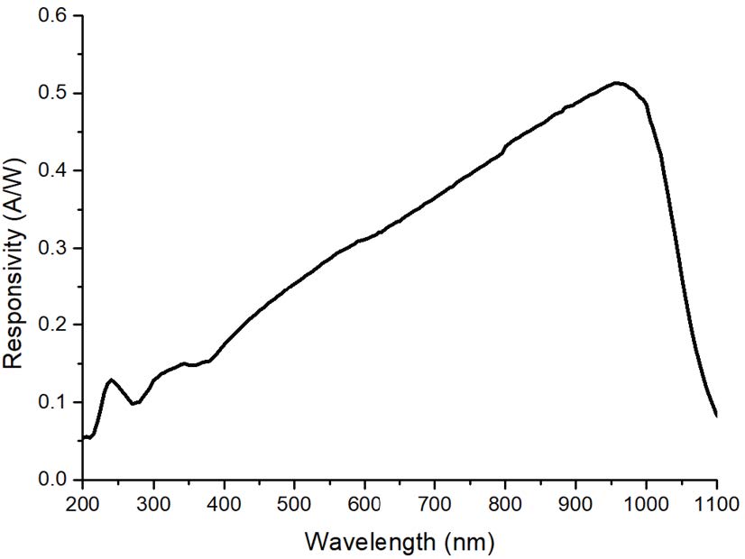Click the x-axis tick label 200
pyautogui.click(x=83, y=504)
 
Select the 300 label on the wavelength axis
pyautogui.click(x=153, y=504)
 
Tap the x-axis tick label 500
pyautogui.click(x=294, y=504)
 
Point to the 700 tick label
pyautogui.click(x=435, y=504)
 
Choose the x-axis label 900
pyautogui.click(x=575, y=504)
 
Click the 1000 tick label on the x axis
pyautogui.click(x=646, y=504)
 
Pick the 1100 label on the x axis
pyautogui.click(x=716, y=504)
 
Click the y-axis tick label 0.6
pyautogui.click(x=54, y=15)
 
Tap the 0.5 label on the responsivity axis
pyautogui.click(x=54, y=93)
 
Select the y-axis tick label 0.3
pyautogui.click(x=54, y=248)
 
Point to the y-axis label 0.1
pyautogui.click(x=54, y=402)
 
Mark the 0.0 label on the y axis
pyautogui.click(x=54, y=480)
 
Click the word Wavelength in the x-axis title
pyautogui.click(x=370, y=541)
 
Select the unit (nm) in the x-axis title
pyautogui.click(x=469, y=542)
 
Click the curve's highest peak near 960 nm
pyautogui.click(x=617, y=83)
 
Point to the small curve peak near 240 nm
pyautogui.click(x=111, y=380)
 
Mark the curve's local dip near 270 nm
pyautogui.click(x=133, y=404)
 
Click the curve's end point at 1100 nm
pyautogui.click(x=716, y=416)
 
